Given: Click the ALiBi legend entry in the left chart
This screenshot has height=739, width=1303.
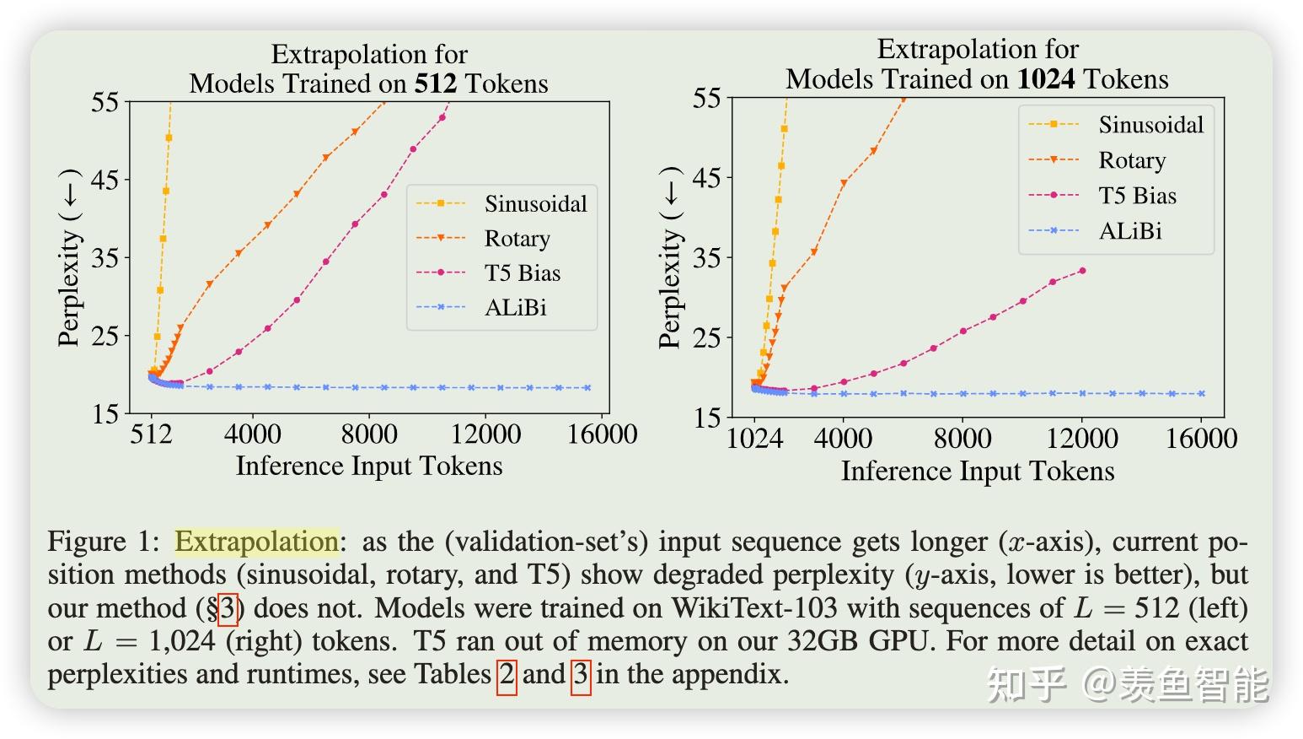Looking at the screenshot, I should (x=515, y=308).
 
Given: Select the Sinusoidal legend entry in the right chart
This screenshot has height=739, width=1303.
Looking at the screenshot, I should (x=1150, y=125).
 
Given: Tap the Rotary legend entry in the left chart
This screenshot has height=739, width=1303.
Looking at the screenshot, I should (x=517, y=239).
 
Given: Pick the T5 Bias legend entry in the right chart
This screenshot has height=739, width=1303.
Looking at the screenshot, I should (x=1137, y=196).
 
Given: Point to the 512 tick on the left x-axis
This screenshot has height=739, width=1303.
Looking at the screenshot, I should (x=152, y=434).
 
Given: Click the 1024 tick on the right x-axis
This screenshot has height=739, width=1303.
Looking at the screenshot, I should (x=754, y=439).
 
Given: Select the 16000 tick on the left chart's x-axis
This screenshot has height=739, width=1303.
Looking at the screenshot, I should (x=602, y=434).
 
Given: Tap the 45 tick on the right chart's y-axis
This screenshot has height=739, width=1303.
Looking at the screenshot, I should (x=706, y=178).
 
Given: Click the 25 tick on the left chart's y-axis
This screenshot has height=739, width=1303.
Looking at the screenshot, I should (x=105, y=336).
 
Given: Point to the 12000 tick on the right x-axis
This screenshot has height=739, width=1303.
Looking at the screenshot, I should (x=1082, y=439).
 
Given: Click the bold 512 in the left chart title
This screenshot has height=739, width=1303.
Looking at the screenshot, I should (x=435, y=84).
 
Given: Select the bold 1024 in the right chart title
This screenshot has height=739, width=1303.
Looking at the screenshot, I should (x=1045, y=79).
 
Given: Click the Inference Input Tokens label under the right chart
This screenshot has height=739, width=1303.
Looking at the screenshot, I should (x=978, y=471).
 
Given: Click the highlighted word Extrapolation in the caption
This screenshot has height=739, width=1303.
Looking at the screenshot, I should (x=256, y=542).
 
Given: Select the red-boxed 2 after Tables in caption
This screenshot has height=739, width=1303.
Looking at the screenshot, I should (x=507, y=675).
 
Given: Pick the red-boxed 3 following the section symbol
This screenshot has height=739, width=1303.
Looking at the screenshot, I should (x=228, y=608).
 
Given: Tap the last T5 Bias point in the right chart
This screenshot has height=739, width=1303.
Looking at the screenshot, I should (x=1082, y=271).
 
